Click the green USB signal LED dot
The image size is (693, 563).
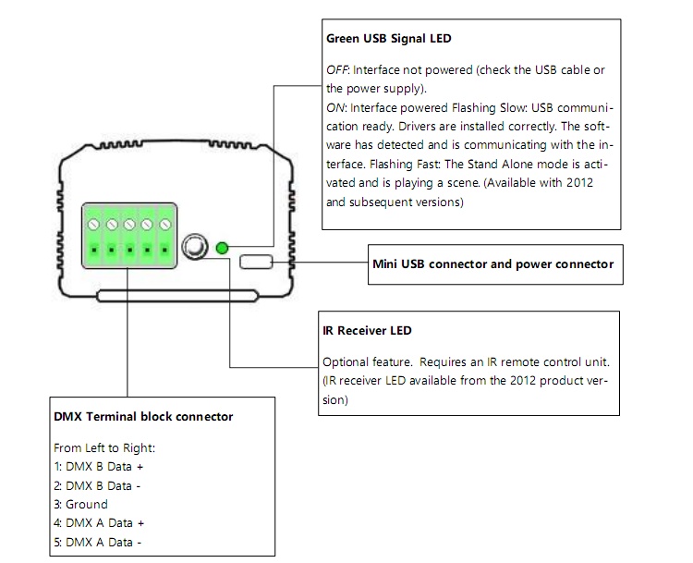[222, 248]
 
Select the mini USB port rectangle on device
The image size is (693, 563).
[256, 263]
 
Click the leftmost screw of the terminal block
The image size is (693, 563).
[93, 225]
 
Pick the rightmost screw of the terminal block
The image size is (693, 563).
[166, 225]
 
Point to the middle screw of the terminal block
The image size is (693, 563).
[129, 225]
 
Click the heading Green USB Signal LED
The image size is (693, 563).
[388, 40]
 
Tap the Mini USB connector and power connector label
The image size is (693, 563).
[492, 264]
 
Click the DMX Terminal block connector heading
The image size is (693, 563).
[143, 417]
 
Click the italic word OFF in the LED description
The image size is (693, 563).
[336, 70]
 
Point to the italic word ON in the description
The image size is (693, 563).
[335, 108]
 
